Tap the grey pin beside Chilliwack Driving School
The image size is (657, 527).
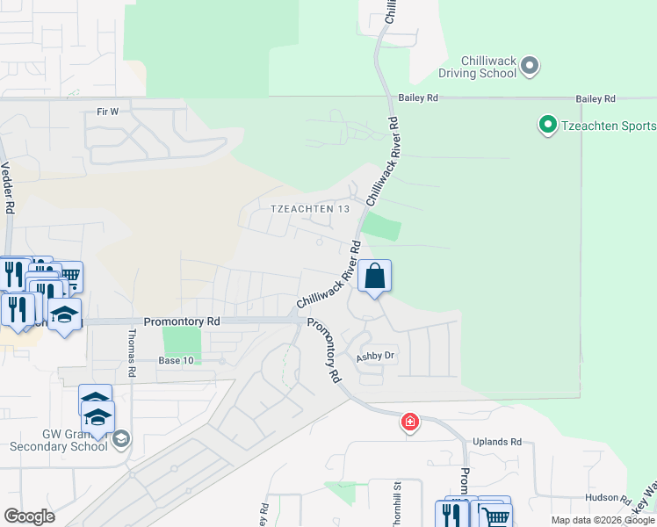[530, 65]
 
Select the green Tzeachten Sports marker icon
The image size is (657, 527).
[548, 126]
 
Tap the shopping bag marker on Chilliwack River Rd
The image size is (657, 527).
[374, 277]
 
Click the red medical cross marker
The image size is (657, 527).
[409, 423]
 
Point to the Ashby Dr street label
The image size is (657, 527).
[377, 357]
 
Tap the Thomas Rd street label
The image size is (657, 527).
[132, 353]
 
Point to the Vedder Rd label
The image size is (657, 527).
[8, 187]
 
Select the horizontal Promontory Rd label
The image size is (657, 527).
[182, 322]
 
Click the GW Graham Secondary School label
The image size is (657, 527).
[58, 439]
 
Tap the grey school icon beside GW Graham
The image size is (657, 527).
[121, 438]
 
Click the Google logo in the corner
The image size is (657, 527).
[29, 516]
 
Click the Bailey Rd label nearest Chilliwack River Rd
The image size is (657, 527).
[417, 99]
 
